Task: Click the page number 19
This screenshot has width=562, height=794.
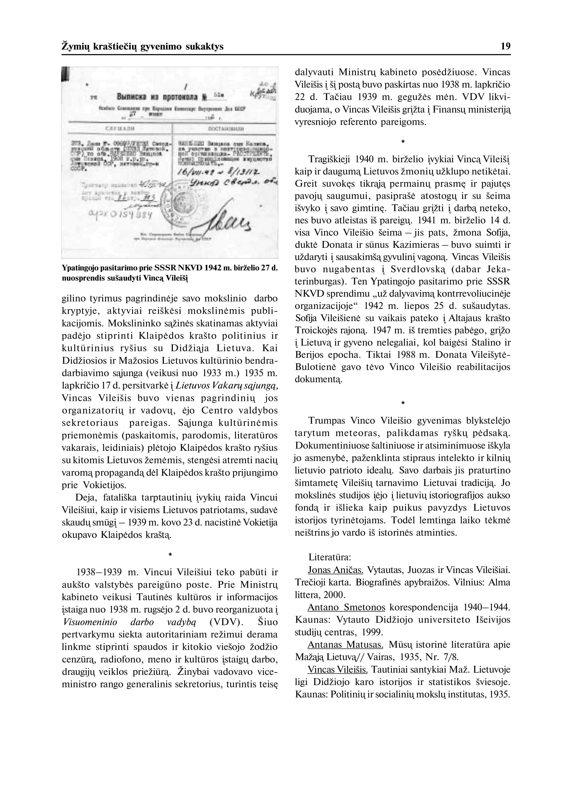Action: click(505, 47)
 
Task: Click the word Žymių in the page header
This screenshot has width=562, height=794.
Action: click(74, 47)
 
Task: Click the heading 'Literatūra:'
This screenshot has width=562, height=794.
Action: click(330, 557)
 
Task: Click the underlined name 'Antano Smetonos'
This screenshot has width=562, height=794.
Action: click(346, 607)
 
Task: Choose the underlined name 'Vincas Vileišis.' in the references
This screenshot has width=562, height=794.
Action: click(338, 669)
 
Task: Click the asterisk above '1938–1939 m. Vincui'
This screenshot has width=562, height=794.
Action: click(169, 555)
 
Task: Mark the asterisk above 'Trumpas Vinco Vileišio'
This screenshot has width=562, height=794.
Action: click(402, 403)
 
